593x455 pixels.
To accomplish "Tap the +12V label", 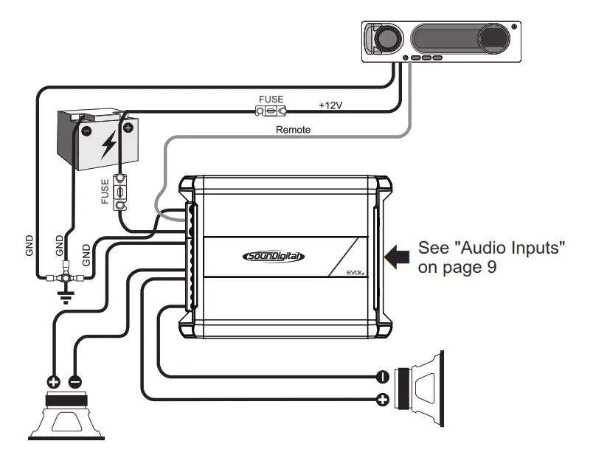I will pyautogui.click(x=331, y=105).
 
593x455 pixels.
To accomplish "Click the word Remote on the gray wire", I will pyautogui.click(x=293, y=130).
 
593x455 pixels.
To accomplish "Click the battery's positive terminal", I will pyautogui.click(x=128, y=127).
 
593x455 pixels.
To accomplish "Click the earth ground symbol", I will pyautogui.click(x=64, y=298).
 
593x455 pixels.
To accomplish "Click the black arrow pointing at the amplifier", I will pyautogui.click(x=397, y=257).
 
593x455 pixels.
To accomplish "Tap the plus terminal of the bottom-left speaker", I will pyautogui.click(x=54, y=382).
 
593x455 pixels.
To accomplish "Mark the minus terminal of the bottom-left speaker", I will pyautogui.click(x=75, y=382).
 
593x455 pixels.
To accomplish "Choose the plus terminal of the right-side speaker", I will pyautogui.click(x=383, y=400).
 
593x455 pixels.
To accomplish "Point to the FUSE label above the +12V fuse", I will pyautogui.click(x=270, y=98).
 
